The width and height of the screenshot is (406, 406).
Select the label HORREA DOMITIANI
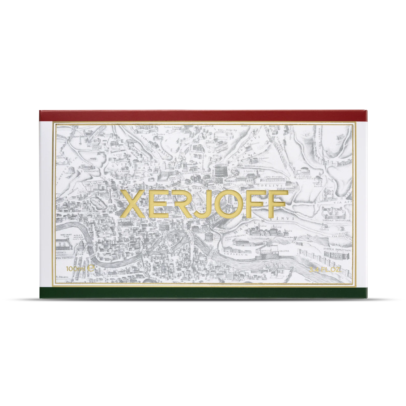point(339,250)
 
